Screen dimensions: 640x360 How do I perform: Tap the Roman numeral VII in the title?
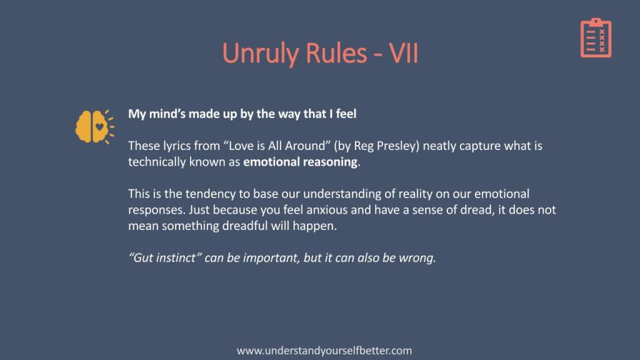(404, 53)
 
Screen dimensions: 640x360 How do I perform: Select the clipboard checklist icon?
(596, 37)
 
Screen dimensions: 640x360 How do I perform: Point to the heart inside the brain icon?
(99, 126)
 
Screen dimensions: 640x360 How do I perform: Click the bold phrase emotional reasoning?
(300, 162)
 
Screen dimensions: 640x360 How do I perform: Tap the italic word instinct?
(176, 257)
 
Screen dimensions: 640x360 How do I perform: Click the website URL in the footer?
(324, 351)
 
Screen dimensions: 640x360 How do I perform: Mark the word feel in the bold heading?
(346, 114)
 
